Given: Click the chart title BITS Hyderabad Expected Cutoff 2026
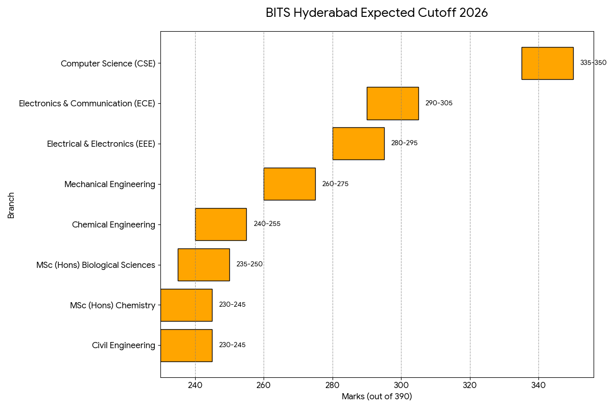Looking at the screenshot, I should tap(376, 13).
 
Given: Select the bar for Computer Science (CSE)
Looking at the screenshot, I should tap(547, 63).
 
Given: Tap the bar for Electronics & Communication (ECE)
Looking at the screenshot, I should tap(392, 103).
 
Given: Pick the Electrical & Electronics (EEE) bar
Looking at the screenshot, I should tap(358, 144).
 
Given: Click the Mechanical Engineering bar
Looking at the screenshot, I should tap(289, 184).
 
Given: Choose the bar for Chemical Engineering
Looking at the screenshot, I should tap(221, 224).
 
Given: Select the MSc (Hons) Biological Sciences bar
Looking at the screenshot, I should tap(203, 265).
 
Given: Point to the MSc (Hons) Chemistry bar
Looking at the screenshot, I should tap(186, 305).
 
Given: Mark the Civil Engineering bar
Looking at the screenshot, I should tap(186, 346).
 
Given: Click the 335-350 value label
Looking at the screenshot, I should tap(593, 63).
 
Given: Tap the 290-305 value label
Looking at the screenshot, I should tap(439, 103).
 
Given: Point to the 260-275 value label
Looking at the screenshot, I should tap(335, 184).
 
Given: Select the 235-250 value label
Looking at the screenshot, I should tap(249, 264).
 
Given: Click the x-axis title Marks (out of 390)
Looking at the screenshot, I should tap(376, 397).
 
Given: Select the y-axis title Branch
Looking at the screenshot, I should tap(11, 205).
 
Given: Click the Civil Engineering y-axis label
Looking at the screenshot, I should tap(124, 346).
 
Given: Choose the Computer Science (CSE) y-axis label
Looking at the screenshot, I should tap(108, 64).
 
